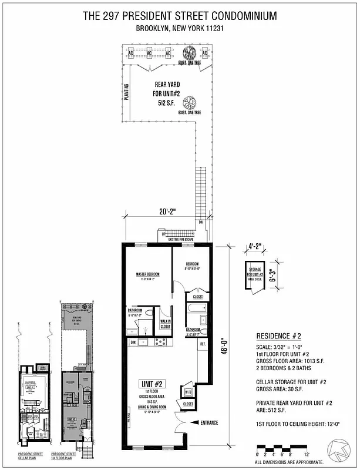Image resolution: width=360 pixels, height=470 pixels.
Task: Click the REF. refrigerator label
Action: (x=203, y=344)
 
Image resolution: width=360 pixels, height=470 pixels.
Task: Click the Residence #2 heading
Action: (x=279, y=336)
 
